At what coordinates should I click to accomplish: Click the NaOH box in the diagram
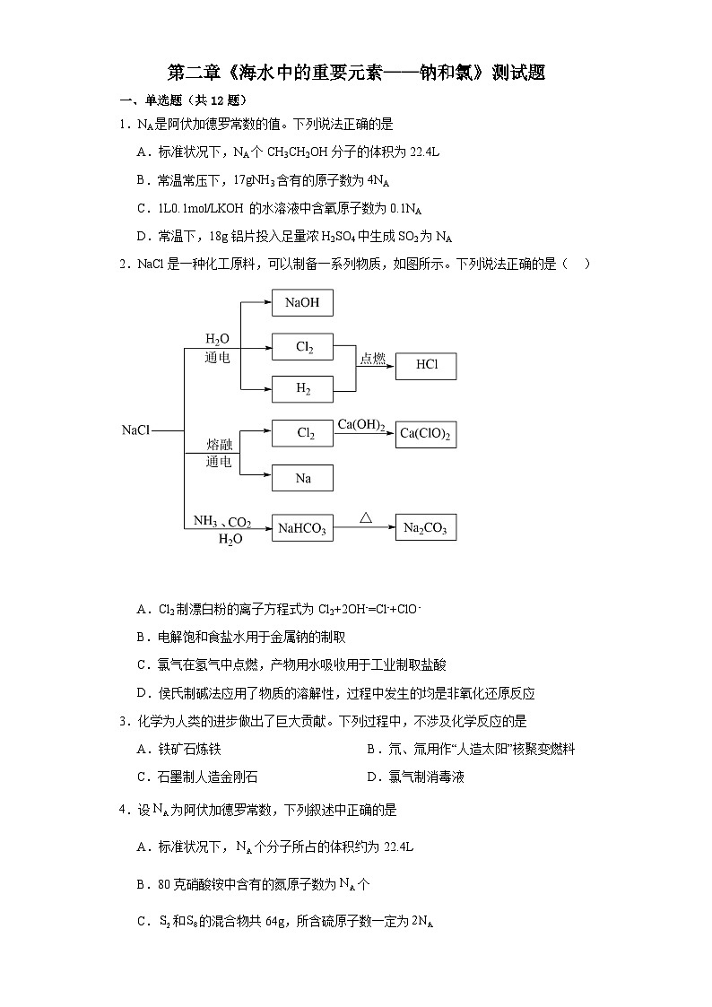coord(302,303)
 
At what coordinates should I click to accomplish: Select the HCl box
coord(427,366)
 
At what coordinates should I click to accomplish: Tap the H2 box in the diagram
coord(302,389)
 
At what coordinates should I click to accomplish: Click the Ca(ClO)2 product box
coord(426,434)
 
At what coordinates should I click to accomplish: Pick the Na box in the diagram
coord(302,478)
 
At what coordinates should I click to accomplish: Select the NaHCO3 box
coord(302,528)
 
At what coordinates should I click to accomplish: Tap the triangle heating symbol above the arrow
coord(365,517)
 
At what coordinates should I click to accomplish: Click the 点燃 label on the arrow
coord(372,359)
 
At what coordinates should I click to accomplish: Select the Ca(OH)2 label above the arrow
coord(361,425)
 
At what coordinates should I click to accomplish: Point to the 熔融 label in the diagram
coord(219,445)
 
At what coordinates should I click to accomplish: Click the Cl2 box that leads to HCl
coord(302,346)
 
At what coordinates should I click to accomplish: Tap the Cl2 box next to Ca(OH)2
coord(302,434)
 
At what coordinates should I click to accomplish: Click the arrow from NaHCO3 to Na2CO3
coord(364,528)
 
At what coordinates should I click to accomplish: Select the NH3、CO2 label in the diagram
coord(222,522)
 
